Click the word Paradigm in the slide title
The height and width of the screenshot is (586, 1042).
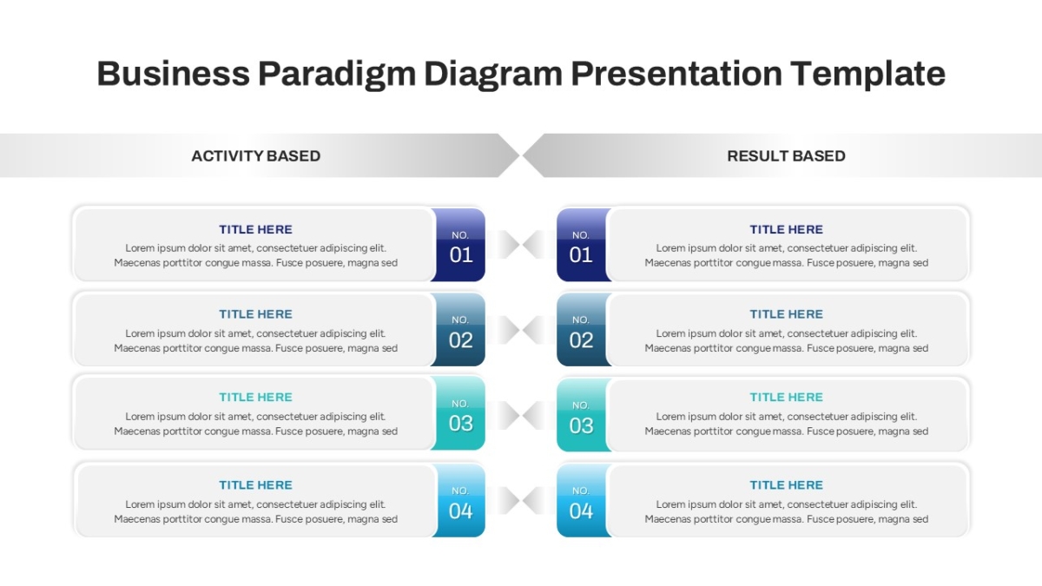tap(336, 75)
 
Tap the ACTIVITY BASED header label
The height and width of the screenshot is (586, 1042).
tap(256, 155)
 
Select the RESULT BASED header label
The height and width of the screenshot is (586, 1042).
tap(786, 155)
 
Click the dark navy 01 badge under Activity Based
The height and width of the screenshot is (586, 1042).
tap(458, 245)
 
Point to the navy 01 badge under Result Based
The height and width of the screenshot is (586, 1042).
tap(584, 245)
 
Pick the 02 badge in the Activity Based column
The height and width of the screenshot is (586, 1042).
tap(458, 329)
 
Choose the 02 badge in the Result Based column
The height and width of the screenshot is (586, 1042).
tap(584, 329)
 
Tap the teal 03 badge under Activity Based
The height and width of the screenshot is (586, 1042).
tap(458, 413)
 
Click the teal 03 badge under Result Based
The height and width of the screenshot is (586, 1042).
tap(584, 415)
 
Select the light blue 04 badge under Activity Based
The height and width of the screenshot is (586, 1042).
tap(459, 500)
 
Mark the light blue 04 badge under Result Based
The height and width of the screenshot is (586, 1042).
tap(584, 500)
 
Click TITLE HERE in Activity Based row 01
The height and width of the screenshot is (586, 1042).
tap(256, 229)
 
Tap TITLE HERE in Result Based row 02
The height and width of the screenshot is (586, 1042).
tap(786, 314)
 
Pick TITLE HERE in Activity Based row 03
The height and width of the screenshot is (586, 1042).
tap(256, 398)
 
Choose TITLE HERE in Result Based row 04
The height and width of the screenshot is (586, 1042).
tap(786, 485)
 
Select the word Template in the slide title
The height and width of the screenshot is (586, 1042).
tap(868, 75)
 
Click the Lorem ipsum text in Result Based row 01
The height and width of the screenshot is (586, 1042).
tap(786, 255)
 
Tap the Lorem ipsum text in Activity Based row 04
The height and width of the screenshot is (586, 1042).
tap(256, 511)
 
